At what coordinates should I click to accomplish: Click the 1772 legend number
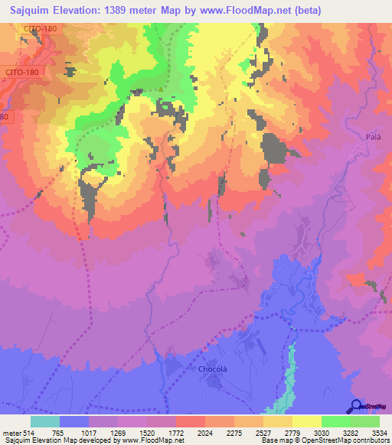[x=176, y=432]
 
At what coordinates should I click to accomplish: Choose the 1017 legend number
[x=90, y=432]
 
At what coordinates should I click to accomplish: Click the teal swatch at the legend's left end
[x=44, y=421]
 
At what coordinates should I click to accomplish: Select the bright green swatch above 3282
[x=335, y=421]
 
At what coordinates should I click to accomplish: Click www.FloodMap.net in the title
[x=243, y=10]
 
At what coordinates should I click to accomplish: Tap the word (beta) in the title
[x=305, y=10]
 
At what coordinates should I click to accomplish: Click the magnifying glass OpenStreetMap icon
[x=355, y=406]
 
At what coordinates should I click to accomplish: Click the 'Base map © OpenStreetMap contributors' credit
[x=324, y=440]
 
